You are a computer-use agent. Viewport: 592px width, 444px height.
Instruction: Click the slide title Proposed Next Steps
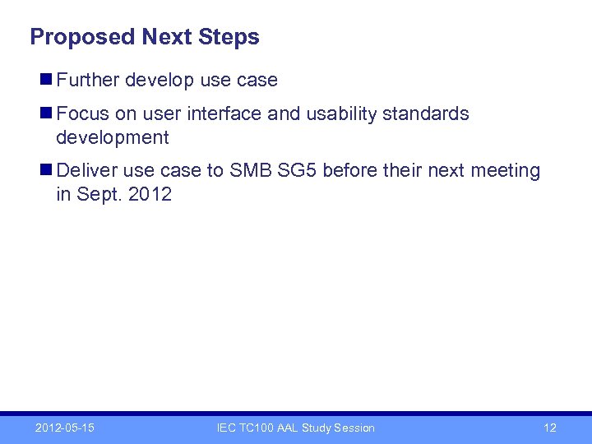pos(144,37)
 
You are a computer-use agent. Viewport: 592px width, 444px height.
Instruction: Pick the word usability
pos(341,113)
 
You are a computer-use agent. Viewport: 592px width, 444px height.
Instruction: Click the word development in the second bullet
pos(112,137)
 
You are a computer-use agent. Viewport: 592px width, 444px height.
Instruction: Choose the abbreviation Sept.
pos(95,195)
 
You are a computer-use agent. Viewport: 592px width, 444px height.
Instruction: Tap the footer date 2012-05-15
pos(64,428)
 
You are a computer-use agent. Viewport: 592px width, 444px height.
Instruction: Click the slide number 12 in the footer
pos(550,428)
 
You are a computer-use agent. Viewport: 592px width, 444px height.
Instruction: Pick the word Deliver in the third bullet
pos(87,171)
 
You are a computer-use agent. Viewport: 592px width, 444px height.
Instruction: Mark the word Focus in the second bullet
pos(81,113)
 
